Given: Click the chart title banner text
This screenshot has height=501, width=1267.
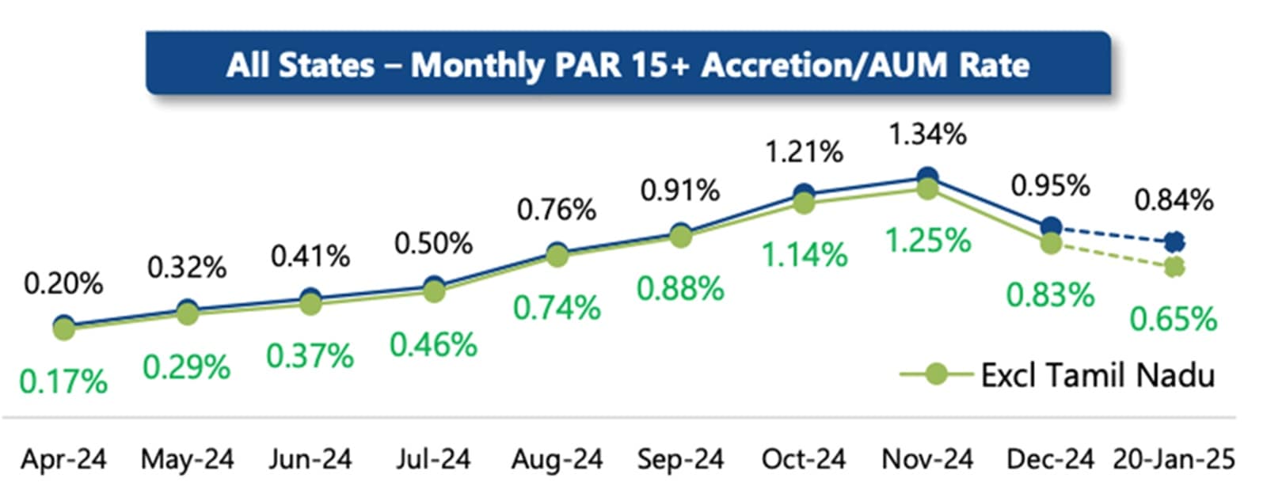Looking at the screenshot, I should click(x=628, y=65).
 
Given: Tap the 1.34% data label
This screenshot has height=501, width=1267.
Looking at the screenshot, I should click(x=927, y=135).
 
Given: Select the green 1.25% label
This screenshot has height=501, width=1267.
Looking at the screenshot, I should click(x=927, y=240).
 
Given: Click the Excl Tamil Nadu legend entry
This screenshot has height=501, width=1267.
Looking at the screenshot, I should click(x=1097, y=374).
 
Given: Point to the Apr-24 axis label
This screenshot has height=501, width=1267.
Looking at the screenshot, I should click(x=63, y=459).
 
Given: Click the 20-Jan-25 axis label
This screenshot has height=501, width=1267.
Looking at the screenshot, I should click(x=1174, y=459).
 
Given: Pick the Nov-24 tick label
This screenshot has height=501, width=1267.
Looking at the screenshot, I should click(x=927, y=459).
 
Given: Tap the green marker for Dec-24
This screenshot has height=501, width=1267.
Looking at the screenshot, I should click(x=1051, y=243).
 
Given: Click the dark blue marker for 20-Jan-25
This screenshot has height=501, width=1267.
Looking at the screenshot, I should click(x=1174, y=241).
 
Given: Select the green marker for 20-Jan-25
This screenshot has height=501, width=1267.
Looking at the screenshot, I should click(x=1174, y=268).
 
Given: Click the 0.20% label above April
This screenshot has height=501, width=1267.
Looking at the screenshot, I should click(x=63, y=283).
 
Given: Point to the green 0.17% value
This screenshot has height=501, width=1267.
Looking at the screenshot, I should click(x=63, y=382).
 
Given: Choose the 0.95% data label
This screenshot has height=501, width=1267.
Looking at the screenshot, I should click(x=1051, y=186).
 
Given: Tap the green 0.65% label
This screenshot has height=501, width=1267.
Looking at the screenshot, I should click(x=1174, y=320).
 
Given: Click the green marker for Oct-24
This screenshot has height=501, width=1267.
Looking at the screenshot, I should click(x=804, y=203).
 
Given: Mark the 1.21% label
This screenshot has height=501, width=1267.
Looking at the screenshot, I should click(x=804, y=152).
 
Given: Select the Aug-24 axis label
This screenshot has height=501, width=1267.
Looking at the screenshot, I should click(x=557, y=459).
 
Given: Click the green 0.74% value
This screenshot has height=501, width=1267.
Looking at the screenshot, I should click(x=557, y=308).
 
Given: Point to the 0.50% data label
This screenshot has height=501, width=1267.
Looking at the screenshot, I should click(x=433, y=244).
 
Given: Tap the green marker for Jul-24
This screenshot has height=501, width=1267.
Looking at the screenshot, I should click(x=433, y=291).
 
